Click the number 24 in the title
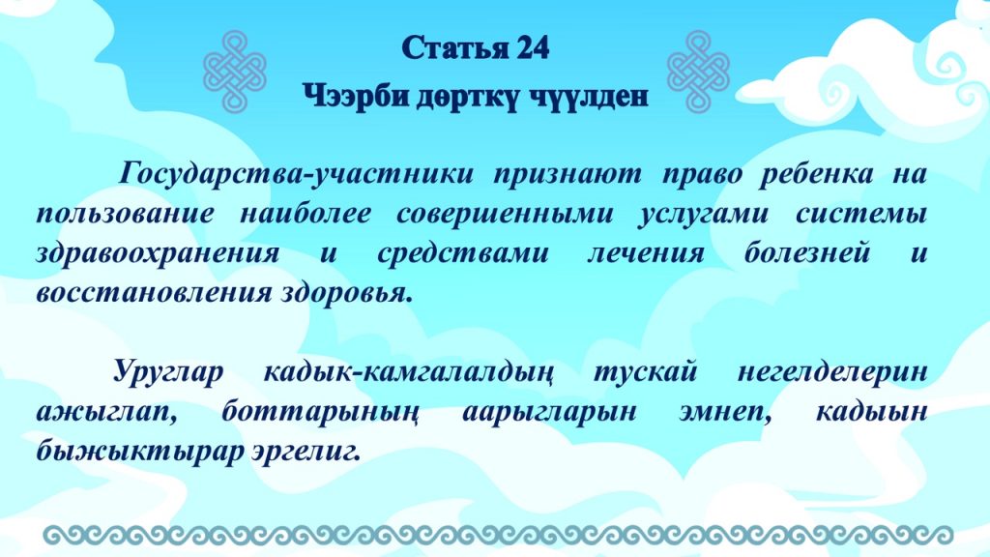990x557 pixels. [533, 47]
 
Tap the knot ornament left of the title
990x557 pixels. [235, 71]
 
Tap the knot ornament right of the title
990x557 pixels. [698, 71]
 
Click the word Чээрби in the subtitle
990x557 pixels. [356, 97]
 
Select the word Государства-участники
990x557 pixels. [296, 175]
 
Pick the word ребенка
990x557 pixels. [816, 175]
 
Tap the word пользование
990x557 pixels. [126, 214]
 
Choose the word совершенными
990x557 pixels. [505, 214]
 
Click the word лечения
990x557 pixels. [645, 253]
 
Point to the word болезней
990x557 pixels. [807, 253]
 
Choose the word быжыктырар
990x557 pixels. [139, 452]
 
